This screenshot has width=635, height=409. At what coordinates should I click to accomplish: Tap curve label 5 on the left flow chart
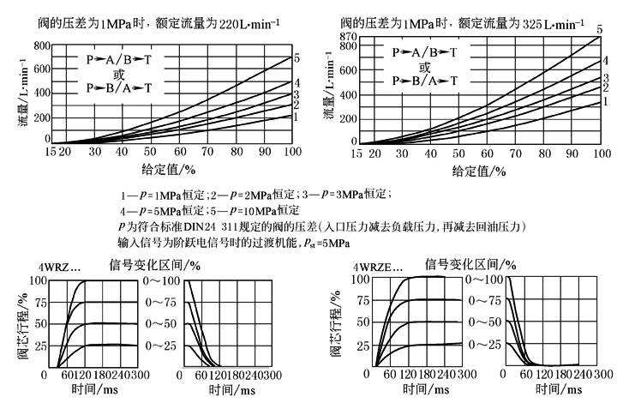(296, 58)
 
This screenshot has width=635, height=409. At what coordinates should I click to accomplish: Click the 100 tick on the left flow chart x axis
(291, 152)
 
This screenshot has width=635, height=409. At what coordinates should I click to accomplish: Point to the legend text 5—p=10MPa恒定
(248, 210)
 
